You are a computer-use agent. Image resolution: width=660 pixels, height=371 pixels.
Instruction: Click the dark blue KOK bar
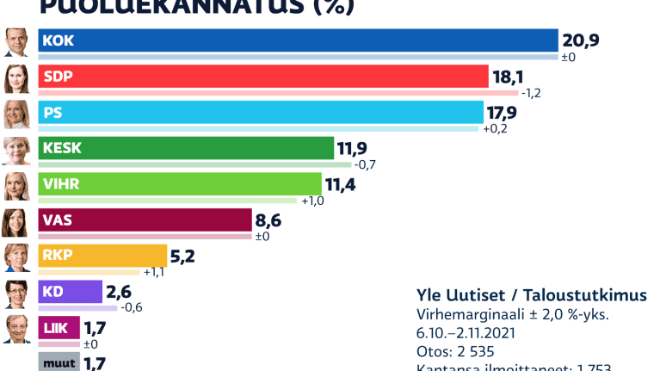coord(298,40)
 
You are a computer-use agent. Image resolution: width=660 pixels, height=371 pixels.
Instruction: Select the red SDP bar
coord(262,76)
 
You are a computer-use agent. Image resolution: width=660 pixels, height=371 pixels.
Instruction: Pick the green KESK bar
coord(186,147)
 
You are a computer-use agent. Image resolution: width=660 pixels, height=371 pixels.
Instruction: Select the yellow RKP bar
coord(102,256)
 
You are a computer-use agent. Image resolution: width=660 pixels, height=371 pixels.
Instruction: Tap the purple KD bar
coord(70,292)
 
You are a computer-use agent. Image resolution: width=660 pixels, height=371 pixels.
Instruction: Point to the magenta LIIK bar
coord(59,327)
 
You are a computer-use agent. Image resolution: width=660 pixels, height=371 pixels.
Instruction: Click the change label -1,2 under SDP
coord(532,93)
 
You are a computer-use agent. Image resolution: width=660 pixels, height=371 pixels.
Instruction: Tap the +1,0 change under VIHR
coord(311,201)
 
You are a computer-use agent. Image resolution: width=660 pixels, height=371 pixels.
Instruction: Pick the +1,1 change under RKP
coord(155,273)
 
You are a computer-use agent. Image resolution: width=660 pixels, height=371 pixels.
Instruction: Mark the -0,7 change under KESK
coord(365,164)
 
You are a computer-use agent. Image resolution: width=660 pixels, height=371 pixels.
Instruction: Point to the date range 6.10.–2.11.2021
coord(465,333)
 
